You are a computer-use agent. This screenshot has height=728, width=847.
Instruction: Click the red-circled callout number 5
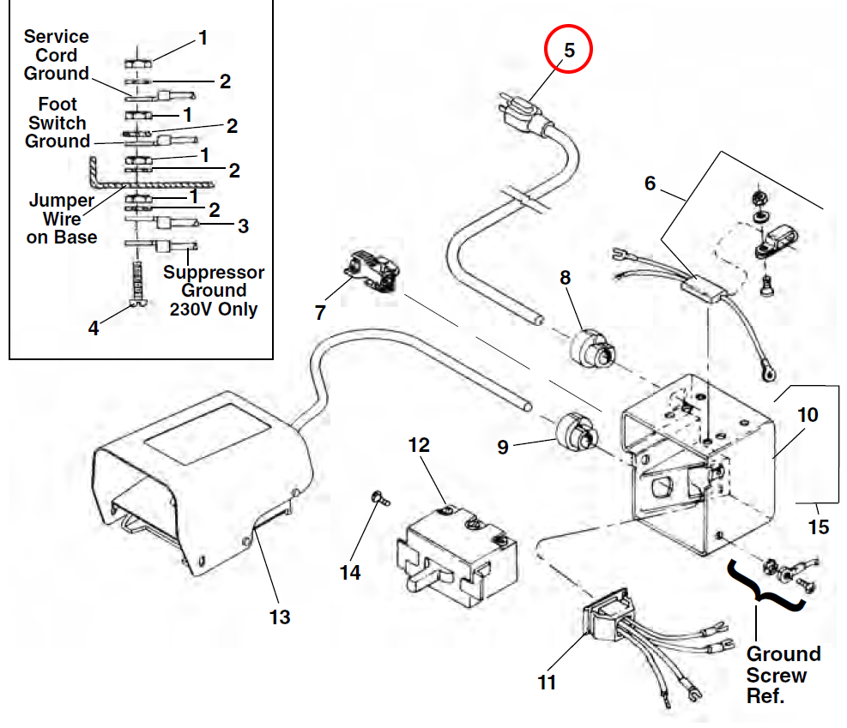point(569,50)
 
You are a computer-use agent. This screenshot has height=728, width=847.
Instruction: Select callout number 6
point(650,184)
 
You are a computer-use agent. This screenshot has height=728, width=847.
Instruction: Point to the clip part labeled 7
point(372,273)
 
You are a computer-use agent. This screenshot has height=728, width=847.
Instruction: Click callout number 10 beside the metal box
point(808,415)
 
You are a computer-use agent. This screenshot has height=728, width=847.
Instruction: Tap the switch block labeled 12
point(455,553)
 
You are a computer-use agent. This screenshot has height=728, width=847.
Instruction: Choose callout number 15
point(819,526)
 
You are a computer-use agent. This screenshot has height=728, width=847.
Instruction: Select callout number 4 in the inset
point(94,327)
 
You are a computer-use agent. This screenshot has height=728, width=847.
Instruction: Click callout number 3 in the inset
point(243,226)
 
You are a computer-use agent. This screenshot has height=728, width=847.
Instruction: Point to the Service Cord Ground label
point(57,55)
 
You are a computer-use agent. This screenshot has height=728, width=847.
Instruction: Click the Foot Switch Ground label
point(57,123)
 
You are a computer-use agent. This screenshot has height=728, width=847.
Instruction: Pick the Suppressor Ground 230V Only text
point(214,291)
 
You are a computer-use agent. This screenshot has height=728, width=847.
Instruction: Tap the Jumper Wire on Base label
point(62,219)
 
